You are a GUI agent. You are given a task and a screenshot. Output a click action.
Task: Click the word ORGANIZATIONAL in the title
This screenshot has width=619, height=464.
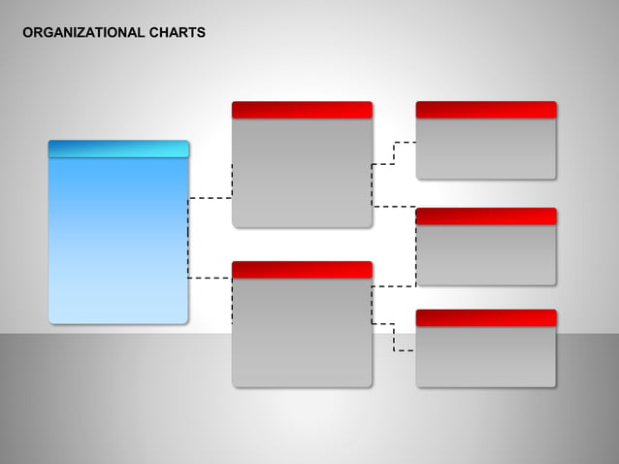point(83,33)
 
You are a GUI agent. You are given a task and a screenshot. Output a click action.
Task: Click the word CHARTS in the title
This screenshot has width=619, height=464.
point(178,33)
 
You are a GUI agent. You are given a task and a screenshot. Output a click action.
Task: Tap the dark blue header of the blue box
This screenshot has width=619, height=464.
point(118,149)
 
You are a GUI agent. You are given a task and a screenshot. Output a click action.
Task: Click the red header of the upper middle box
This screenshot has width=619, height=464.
point(302,110)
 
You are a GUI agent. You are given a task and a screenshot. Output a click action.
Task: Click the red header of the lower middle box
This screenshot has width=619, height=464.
point(302,269)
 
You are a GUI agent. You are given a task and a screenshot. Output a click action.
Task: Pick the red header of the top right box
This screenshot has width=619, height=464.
point(486,110)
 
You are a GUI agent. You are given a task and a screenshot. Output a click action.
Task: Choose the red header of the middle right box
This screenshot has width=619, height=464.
point(486,215)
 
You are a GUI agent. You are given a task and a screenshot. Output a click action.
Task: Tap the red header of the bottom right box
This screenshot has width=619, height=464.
point(486,317)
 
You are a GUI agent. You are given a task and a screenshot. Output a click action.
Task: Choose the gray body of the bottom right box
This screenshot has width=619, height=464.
point(486,356)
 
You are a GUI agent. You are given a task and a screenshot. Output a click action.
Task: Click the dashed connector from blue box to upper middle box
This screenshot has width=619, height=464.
point(210,198)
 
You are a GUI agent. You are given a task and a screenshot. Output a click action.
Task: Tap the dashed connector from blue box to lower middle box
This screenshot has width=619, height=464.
point(210,278)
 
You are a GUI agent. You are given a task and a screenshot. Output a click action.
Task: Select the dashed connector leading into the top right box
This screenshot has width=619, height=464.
point(394,153)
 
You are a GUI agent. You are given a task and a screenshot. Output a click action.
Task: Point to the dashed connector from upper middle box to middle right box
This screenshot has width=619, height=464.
point(394,206)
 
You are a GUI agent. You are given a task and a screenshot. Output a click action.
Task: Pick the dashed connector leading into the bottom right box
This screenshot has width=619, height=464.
point(394,336)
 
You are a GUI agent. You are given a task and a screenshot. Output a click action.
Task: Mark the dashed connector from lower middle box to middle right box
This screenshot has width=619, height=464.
point(394,286)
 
